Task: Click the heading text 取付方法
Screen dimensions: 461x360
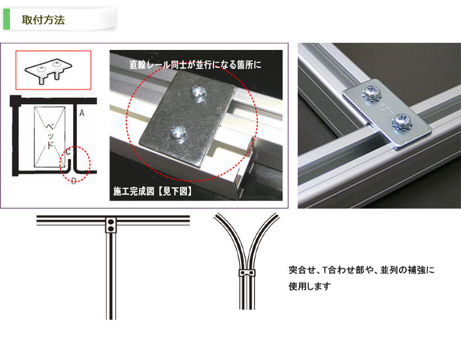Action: coord(43,20)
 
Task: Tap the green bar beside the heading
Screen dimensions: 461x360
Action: coord(7,19)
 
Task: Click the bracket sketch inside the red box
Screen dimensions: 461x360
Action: coord(49,70)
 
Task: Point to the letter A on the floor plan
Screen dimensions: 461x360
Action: coord(82,113)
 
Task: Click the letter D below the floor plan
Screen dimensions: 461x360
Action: coord(74,180)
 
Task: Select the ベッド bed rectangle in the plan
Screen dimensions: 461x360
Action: coord(49,137)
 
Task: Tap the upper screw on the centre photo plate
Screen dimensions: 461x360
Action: coord(198,93)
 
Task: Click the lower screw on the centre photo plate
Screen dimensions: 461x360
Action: coord(178,133)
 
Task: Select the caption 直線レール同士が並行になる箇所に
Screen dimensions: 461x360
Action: coord(196,64)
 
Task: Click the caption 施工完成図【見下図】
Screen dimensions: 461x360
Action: coord(153,192)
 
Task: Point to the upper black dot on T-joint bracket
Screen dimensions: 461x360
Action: coord(111,222)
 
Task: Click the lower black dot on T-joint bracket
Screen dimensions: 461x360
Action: coord(111,228)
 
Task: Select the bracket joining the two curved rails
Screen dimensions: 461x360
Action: coord(247,273)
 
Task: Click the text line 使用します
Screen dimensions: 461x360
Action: coord(310,286)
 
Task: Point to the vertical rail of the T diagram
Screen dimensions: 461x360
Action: coord(111,276)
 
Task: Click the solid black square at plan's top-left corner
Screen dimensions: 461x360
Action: coord(15,101)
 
